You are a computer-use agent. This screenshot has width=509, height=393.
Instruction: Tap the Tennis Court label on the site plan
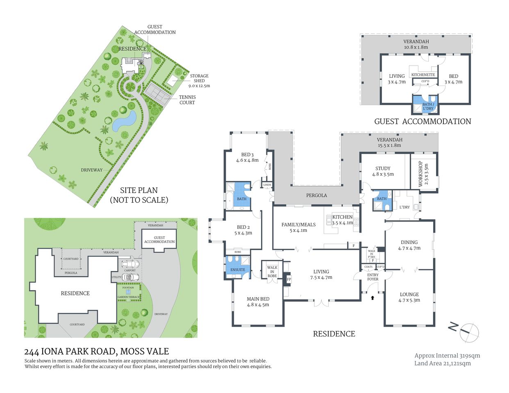(187, 100)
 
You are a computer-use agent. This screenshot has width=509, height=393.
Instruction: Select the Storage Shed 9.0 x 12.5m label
(199, 81)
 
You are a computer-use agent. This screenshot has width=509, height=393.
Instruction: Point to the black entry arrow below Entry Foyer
(372, 298)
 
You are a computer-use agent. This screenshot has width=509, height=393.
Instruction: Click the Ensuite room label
(238, 270)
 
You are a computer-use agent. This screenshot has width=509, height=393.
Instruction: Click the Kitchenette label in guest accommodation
(423, 75)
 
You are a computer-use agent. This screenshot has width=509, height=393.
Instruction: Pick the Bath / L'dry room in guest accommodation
(427, 106)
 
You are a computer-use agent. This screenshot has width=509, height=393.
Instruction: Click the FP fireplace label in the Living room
(289, 280)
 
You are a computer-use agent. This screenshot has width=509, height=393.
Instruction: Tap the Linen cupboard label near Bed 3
(267, 185)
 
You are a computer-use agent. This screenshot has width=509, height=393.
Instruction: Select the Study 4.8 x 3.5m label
(383, 171)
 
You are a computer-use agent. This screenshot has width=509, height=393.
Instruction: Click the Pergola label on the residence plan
(316, 195)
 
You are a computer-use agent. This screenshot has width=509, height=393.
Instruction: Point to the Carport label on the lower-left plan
(130, 271)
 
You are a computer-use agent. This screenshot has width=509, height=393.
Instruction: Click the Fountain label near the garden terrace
(128, 288)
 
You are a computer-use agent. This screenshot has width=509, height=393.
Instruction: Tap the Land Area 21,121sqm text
(443, 363)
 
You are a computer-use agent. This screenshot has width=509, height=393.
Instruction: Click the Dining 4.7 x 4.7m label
(409, 245)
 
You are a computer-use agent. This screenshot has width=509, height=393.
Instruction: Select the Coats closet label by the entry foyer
(368, 267)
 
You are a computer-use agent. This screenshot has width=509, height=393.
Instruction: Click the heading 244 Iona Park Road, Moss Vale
(97, 351)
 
